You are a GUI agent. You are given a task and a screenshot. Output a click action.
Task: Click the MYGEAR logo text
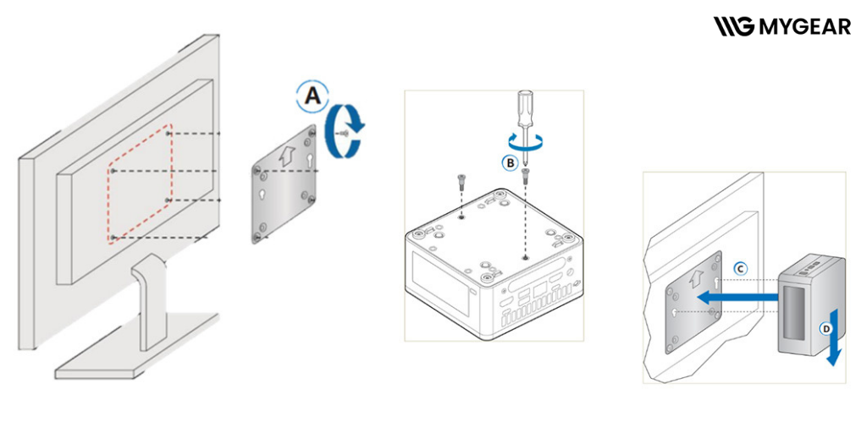click(804, 26)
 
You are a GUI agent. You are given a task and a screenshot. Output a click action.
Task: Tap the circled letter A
click(313, 96)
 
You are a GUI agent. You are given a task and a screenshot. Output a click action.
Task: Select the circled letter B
click(510, 162)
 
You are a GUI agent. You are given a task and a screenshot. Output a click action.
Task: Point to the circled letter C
click(740, 270)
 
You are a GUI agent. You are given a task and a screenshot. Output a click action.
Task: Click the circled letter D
click(826, 329)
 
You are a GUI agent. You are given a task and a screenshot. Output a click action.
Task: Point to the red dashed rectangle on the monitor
click(140, 183)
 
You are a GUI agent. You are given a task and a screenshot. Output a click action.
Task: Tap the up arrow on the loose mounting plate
click(286, 156)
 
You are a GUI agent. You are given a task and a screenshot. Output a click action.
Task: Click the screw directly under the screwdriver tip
click(525, 177)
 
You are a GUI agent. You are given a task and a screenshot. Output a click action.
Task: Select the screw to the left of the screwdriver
click(461, 183)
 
